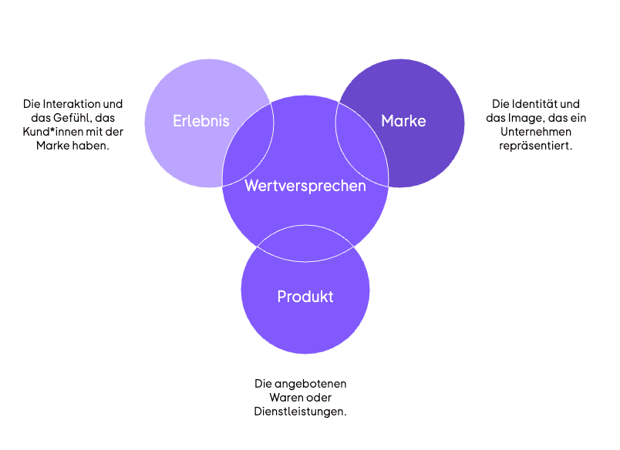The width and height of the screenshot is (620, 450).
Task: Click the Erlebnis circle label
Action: (200, 121)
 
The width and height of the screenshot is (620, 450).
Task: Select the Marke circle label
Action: (403, 121)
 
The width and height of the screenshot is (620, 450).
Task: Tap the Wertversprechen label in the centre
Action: (305, 186)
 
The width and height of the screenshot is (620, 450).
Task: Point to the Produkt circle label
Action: (305, 297)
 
